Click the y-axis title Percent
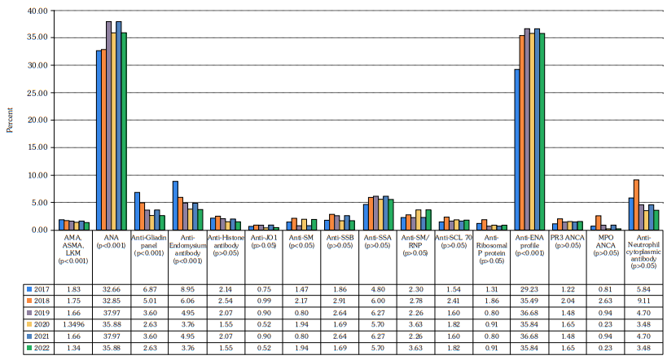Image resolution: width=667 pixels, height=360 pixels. tap(10, 120)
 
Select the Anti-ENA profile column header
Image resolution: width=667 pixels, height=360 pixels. tap(529, 244)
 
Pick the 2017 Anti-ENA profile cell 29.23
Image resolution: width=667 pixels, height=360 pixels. tap(529, 289)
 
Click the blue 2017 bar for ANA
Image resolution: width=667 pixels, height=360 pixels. tap(99, 140)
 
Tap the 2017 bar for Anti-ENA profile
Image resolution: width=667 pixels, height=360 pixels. tap(517, 150)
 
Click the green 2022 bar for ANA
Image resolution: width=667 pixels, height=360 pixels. tap(124, 131)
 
